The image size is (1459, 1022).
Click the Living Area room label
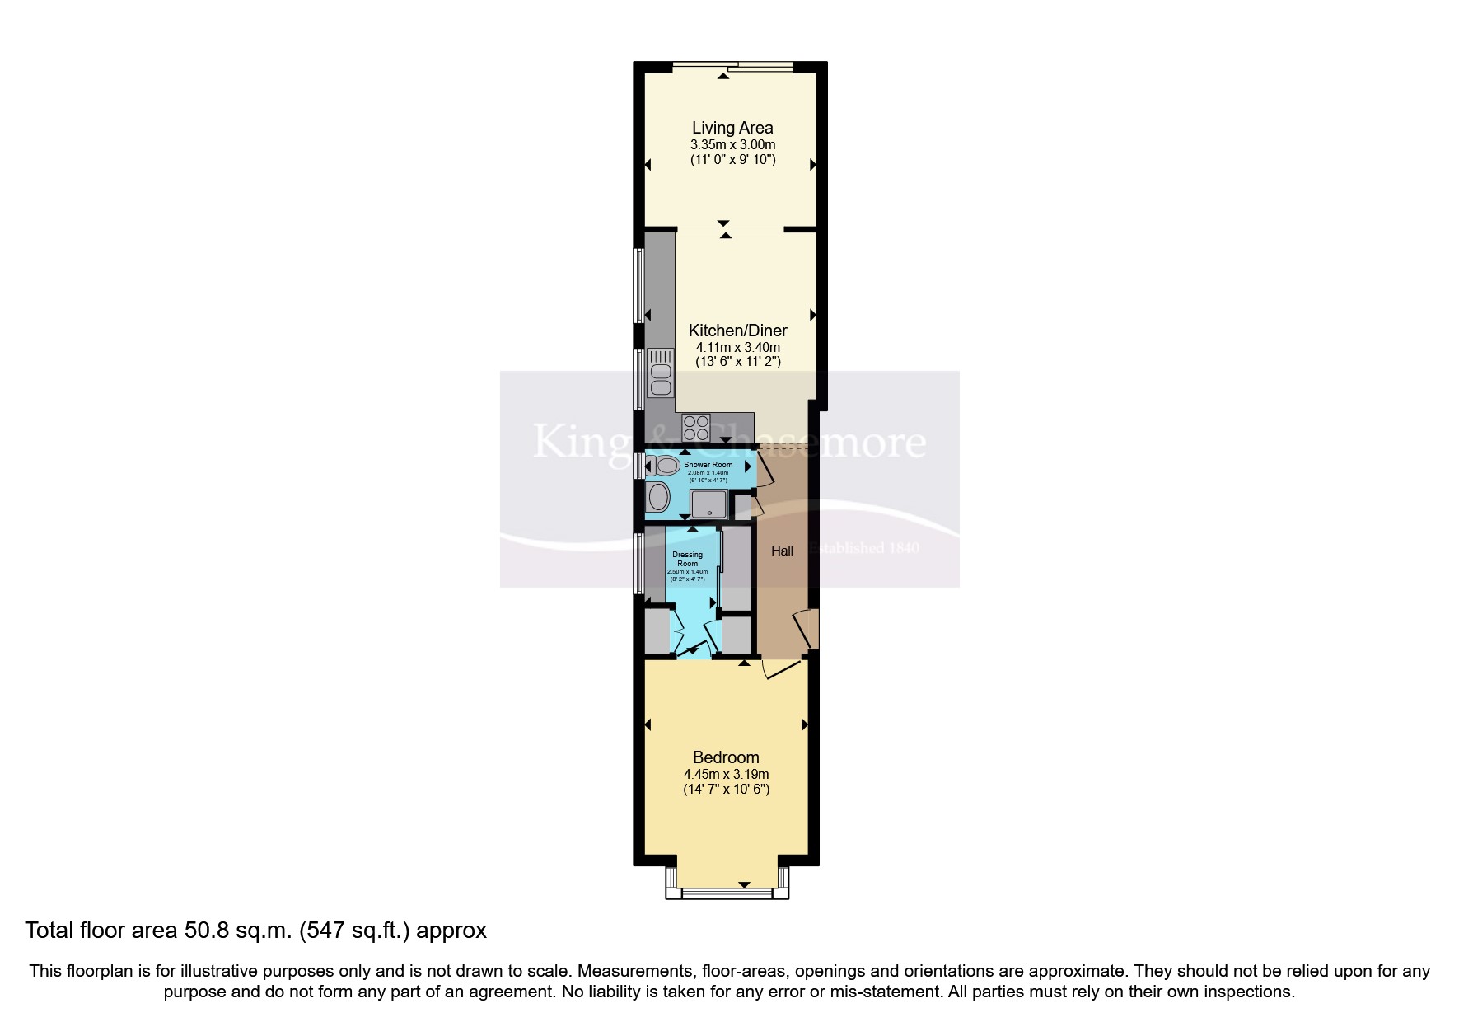[732, 128]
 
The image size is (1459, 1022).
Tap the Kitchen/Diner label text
[737, 331]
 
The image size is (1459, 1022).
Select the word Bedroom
[726, 757]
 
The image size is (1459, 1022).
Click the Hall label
[782, 551]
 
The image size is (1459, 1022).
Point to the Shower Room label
[708, 465]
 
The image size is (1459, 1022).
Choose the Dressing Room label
[687, 559]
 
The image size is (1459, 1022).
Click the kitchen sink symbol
[661, 373]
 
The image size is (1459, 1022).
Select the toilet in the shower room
[662, 466]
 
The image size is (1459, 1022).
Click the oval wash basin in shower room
[659, 497]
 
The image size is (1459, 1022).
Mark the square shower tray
[708, 504]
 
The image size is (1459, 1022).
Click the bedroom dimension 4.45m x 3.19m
[726, 774]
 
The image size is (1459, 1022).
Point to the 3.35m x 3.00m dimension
[732, 145]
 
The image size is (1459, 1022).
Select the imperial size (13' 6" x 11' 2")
[737, 362]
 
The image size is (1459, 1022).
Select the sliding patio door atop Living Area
[733, 66]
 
